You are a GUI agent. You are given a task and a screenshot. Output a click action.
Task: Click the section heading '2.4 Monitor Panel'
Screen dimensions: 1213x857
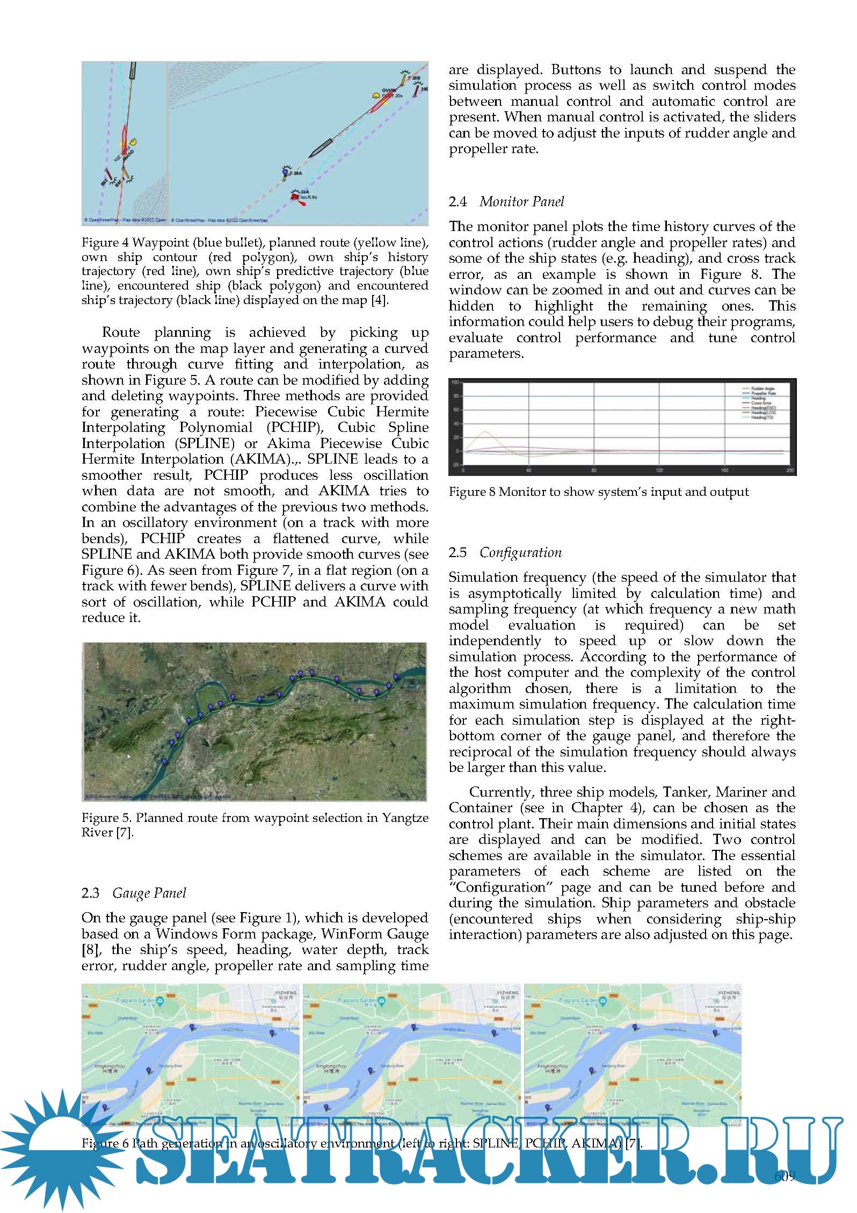(x=506, y=202)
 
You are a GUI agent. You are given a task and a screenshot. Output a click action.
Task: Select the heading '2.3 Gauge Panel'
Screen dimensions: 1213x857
(x=134, y=893)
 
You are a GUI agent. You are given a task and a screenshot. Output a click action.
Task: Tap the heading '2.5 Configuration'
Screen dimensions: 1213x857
(x=505, y=553)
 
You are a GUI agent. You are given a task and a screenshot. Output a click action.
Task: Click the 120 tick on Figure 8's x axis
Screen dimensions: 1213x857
(x=659, y=471)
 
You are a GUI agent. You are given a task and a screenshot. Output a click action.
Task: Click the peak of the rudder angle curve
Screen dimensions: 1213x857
(x=485, y=431)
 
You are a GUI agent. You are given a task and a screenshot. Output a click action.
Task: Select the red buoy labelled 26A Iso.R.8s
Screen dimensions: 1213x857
(x=295, y=198)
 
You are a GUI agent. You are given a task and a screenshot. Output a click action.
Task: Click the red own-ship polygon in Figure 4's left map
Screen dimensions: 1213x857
(x=125, y=141)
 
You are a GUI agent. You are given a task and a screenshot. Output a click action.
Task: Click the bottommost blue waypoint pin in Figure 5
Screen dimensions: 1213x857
(x=164, y=762)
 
